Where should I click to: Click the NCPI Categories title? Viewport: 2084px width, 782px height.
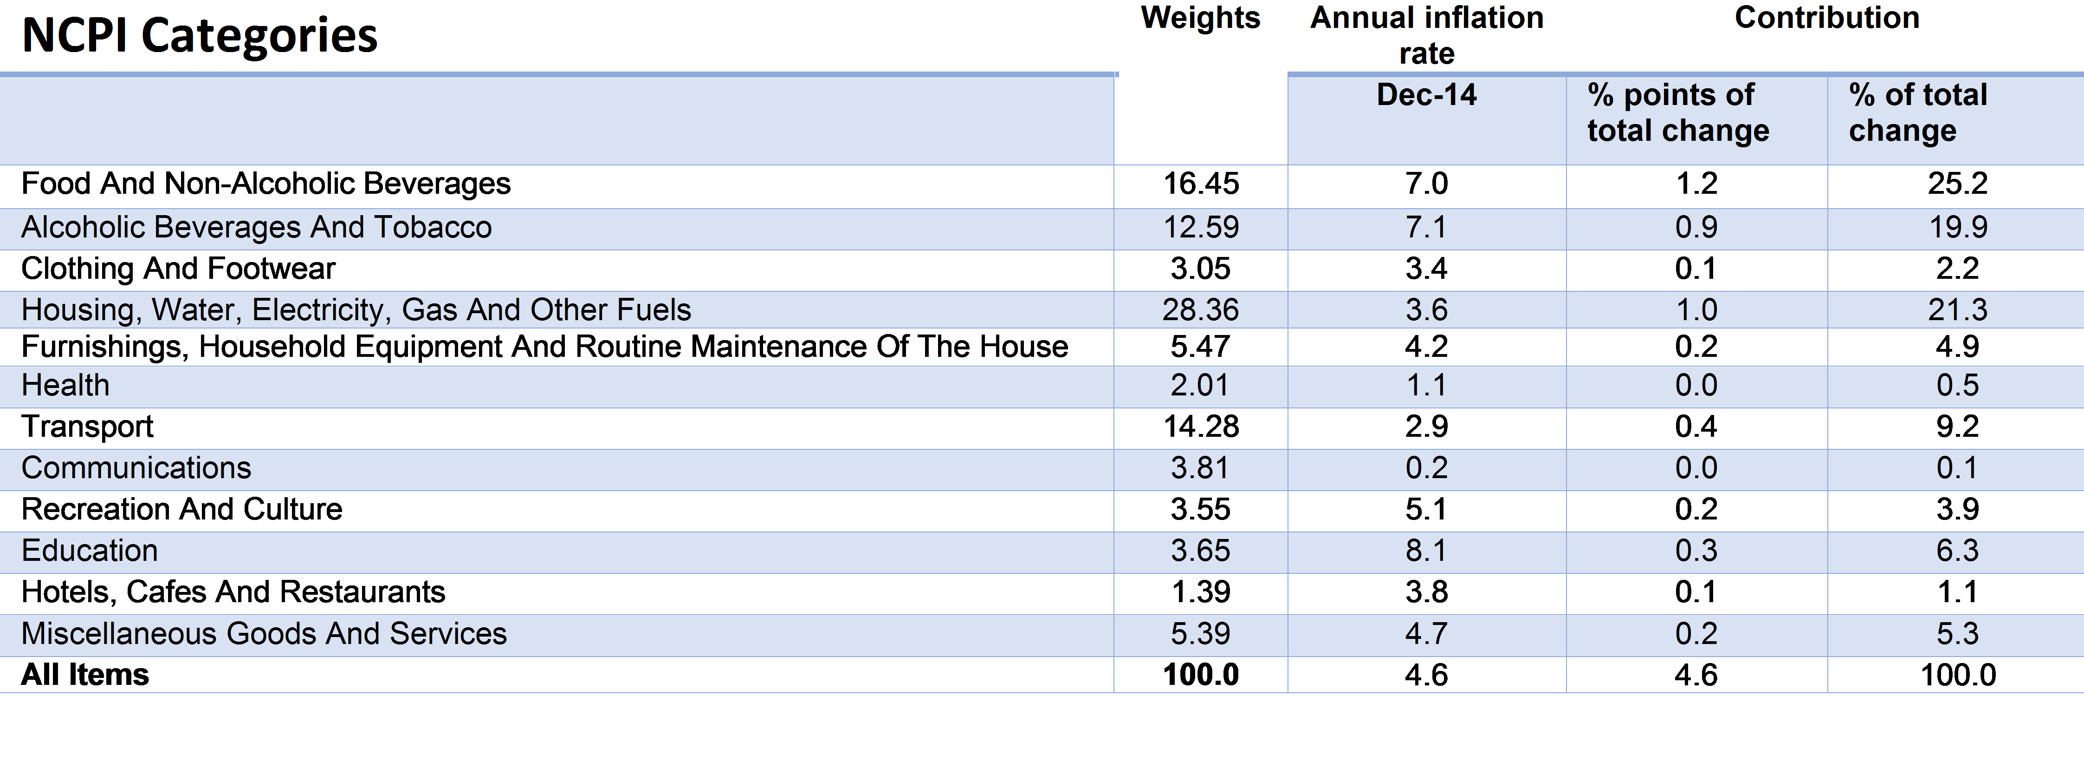pos(200,36)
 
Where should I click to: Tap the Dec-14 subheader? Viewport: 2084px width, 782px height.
pos(1426,95)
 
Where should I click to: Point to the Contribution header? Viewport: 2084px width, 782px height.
pos(1827,18)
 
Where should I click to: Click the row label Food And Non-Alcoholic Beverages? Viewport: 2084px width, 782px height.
pos(266,184)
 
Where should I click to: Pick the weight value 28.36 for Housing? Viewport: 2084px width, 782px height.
pos(1201,310)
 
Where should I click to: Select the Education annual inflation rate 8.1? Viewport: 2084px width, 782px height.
pos(1426,551)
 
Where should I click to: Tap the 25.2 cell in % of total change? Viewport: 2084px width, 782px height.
pos(1958,184)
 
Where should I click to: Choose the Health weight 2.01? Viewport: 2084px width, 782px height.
pos(1201,385)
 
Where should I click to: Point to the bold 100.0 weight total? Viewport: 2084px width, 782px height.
pos(1201,675)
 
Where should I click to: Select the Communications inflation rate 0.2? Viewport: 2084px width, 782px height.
pos(1426,468)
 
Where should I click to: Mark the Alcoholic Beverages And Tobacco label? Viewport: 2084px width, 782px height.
pos(257,228)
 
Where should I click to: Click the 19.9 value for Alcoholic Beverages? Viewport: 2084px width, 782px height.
pos(1958,228)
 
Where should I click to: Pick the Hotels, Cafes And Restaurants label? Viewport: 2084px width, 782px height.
pos(233,592)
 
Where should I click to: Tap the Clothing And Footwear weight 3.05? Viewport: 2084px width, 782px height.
pos(1201,269)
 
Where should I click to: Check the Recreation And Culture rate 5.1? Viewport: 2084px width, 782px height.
pos(1426,509)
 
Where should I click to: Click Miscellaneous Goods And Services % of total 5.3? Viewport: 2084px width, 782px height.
pos(1958,634)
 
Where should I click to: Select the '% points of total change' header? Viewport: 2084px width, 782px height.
pos(1679,112)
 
